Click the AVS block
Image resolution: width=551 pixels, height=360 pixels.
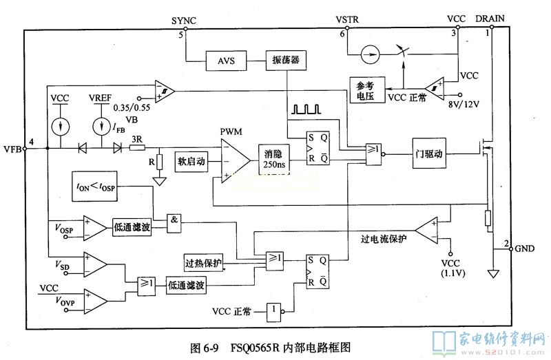[227, 61]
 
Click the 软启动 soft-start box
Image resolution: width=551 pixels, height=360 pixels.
[191, 161]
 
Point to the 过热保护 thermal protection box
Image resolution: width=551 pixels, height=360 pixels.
[205, 263]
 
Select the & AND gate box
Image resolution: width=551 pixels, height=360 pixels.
[176, 220]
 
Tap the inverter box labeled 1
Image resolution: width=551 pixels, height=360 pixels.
[274, 311]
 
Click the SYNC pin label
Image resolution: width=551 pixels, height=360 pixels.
[184, 21]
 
